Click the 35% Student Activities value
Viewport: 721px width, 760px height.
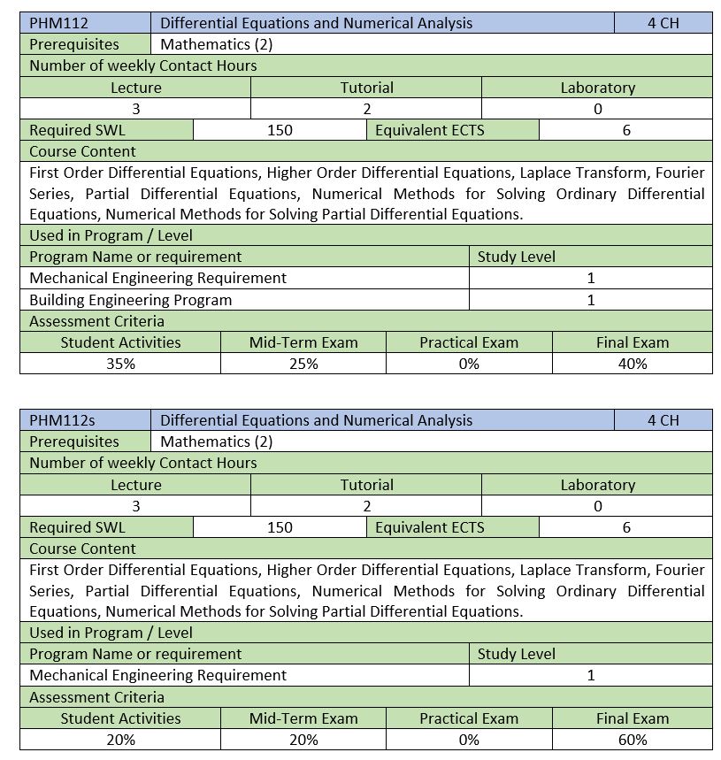pyautogui.click(x=120, y=364)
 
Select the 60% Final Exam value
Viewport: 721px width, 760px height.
pyautogui.click(x=633, y=740)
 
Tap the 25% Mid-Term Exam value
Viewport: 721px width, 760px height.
pyautogui.click(x=303, y=364)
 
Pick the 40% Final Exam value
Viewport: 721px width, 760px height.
pyautogui.click(x=633, y=364)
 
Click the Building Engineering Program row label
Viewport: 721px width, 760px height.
pyautogui.click(x=131, y=300)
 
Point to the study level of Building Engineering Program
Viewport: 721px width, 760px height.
pyautogui.click(x=591, y=300)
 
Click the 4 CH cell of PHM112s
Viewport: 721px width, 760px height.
pyautogui.click(x=663, y=420)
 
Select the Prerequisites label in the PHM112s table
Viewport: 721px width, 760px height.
pyautogui.click(x=74, y=441)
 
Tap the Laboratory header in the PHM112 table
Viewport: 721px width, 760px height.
pyautogui.click(x=597, y=88)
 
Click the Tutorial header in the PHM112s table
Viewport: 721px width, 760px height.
pyautogui.click(x=367, y=485)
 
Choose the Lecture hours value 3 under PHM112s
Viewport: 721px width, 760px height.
pyautogui.click(x=136, y=506)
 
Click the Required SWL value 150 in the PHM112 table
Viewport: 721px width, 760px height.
pyautogui.click(x=280, y=130)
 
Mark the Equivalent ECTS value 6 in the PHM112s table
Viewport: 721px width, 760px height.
pyautogui.click(x=626, y=527)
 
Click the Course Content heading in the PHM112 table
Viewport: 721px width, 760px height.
pyautogui.click(x=83, y=151)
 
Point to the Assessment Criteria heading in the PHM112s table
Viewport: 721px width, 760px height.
pyautogui.click(x=96, y=697)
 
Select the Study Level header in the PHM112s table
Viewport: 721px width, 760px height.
pyautogui.click(x=517, y=654)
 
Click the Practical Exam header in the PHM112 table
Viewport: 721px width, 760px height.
pyautogui.click(x=469, y=342)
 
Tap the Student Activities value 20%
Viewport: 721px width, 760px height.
pyautogui.click(x=120, y=740)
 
